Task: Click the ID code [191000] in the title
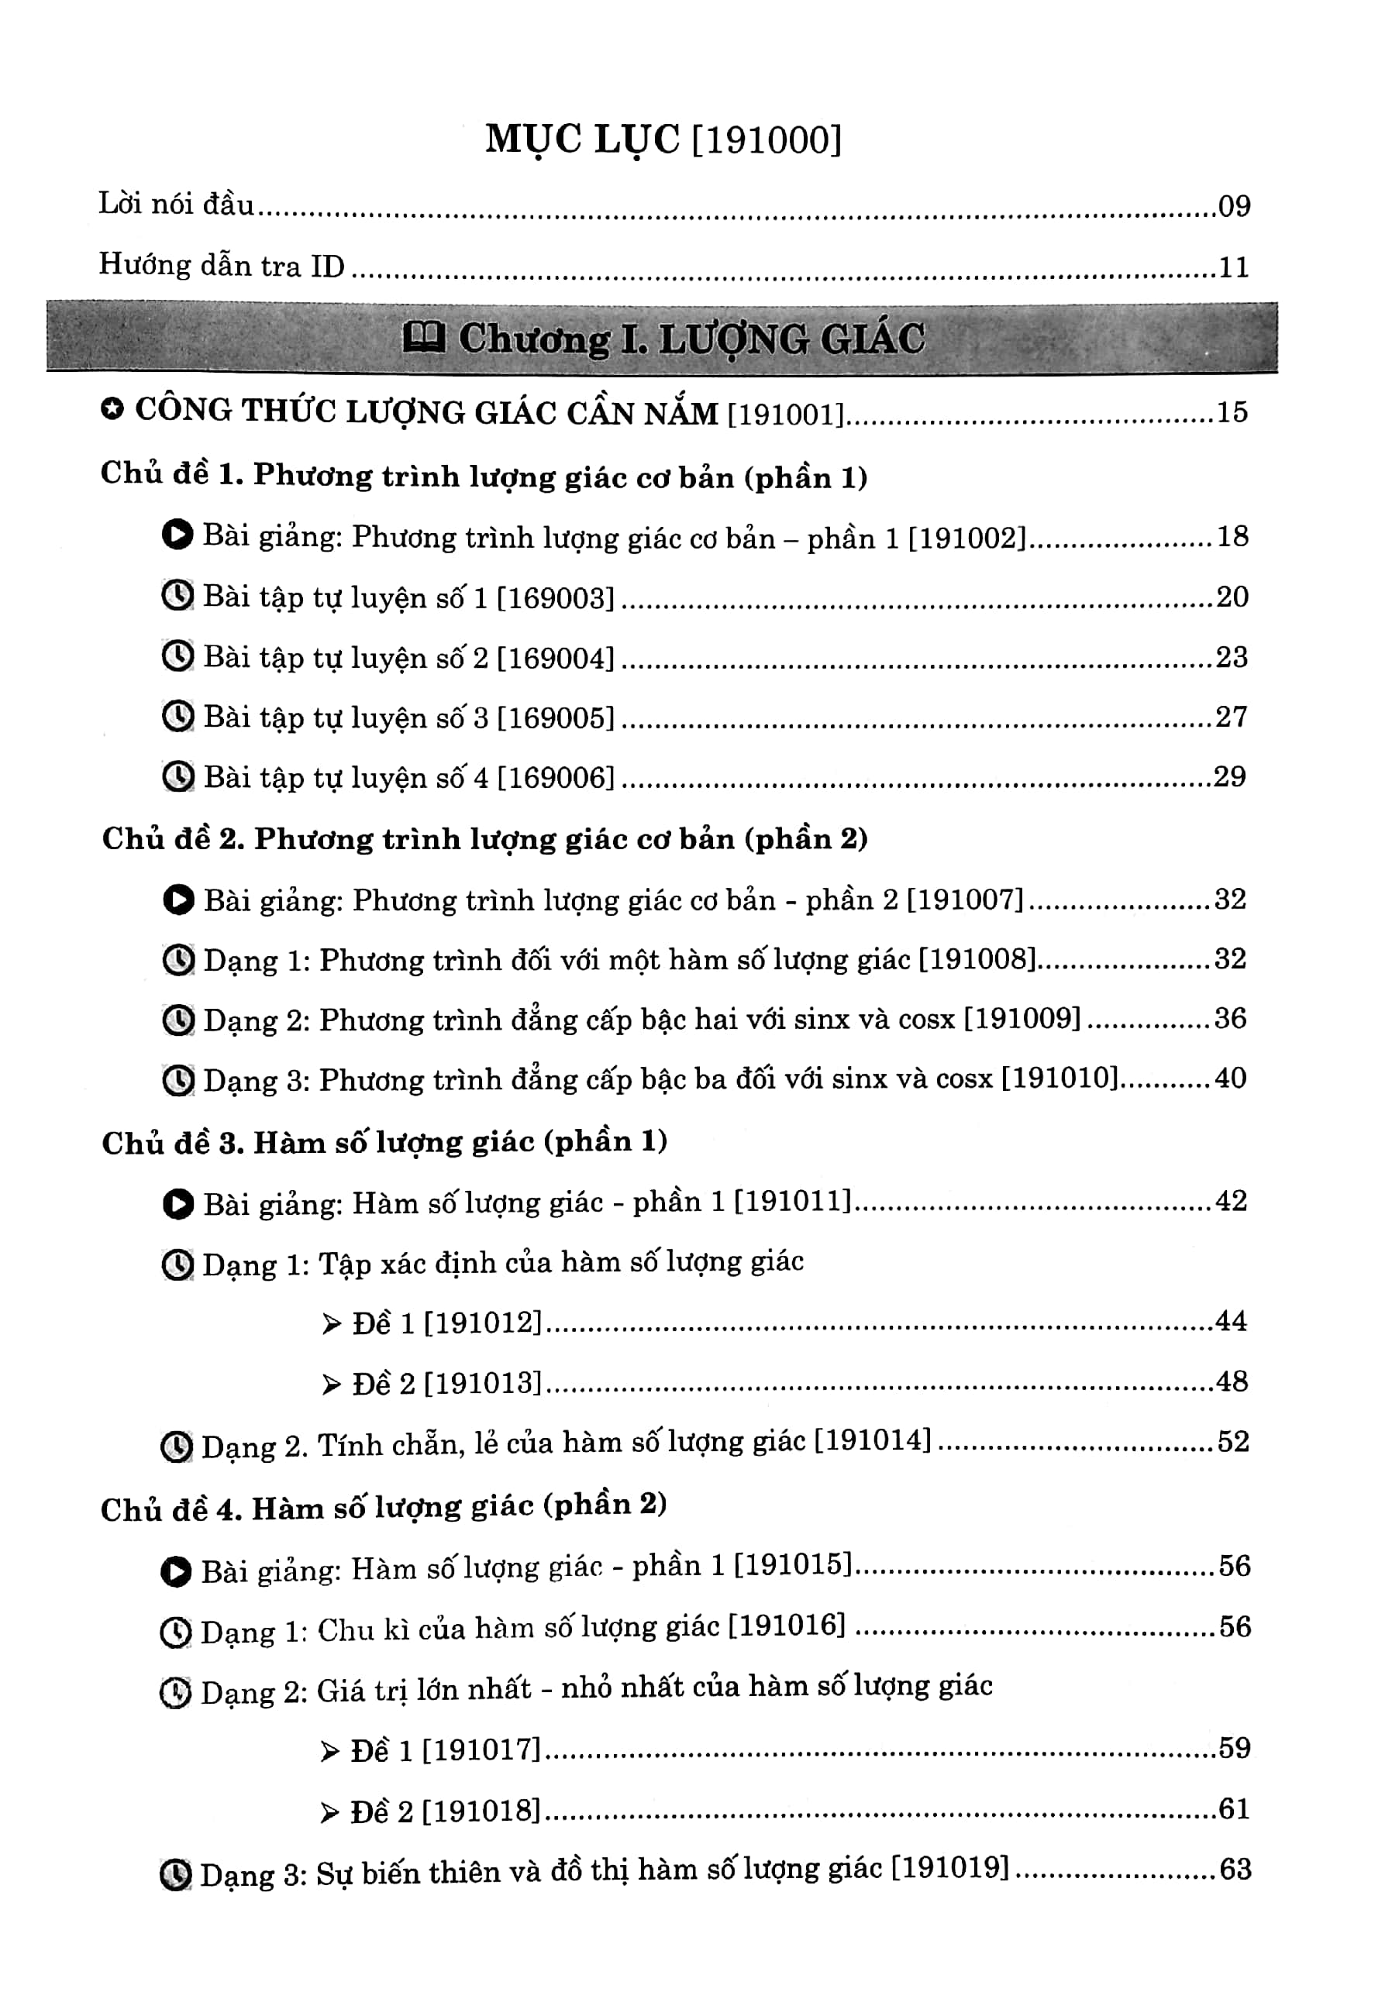coord(767,140)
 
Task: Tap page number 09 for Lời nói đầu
coord(1233,206)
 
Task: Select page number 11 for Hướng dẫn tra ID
coord(1233,267)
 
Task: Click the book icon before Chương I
coord(424,338)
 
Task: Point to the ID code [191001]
coord(786,414)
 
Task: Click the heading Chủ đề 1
coord(484,476)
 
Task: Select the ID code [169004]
coord(556,657)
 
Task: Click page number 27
coord(1232,717)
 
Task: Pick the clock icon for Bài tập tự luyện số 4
coord(177,776)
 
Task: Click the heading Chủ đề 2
coord(484,838)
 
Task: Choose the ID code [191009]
coord(1022,1019)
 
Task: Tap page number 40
coord(1231,1078)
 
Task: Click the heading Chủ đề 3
coord(384,1142)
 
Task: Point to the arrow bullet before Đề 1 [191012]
coord(331,1324)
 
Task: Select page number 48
coord(1232,1381)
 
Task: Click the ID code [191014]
coord(873,1441)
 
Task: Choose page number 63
coord(1235,1870)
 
